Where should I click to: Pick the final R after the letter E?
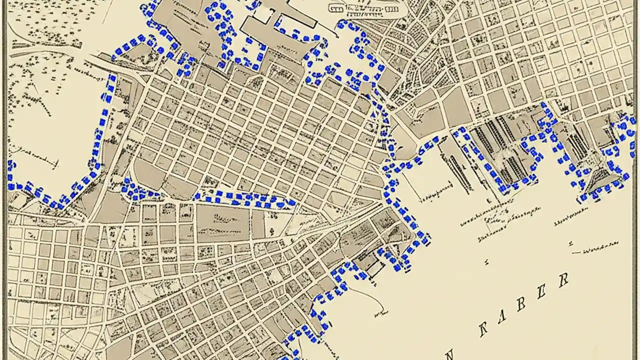(564, 280)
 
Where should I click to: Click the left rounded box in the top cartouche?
(335, 8)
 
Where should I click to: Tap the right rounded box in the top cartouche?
(391, 9)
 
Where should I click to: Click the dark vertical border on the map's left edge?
(3, 180)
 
